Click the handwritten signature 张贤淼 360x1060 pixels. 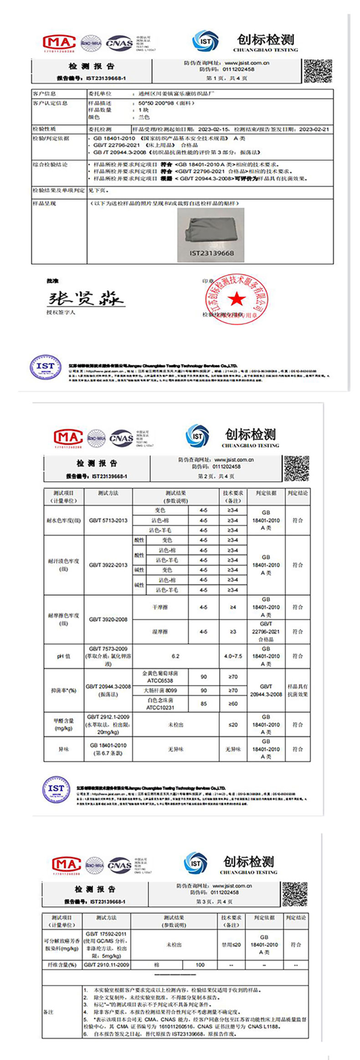click(86, 298)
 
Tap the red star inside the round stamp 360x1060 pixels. click(237, 299)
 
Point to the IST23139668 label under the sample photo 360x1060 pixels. click(211, 253)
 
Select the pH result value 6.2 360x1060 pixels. click(175, 656)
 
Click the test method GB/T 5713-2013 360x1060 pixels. click(108, 520)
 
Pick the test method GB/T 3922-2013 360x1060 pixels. click(108, 565)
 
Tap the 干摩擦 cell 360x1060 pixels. click(160, 607)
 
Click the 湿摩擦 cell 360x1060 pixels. click(160, 632)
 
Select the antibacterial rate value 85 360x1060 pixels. click(204, 704)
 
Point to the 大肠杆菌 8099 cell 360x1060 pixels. click(160, 690)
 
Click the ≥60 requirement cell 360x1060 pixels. click(233, 704)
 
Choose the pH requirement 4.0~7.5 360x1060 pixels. click(233, 656)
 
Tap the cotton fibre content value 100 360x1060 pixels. click(200, 965)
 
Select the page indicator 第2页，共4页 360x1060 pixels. click(216, 476)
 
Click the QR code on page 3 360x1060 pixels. click(295, 894)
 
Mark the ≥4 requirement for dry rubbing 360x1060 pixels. click(233, 607)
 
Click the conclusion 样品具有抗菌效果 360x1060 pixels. click(298, 690)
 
